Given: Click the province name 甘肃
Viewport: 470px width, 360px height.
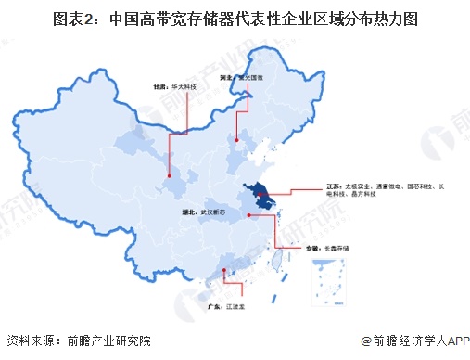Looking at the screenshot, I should pyautogui.click(x=162, y=85).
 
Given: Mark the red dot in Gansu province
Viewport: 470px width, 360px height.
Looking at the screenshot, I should pyautogui.click(x=170, y=174).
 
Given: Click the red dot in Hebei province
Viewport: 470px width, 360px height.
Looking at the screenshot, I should pyautogui.click(x=238, y=141).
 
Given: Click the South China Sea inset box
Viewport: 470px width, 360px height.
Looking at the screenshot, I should pyautogui.click(x=330, y=284).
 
